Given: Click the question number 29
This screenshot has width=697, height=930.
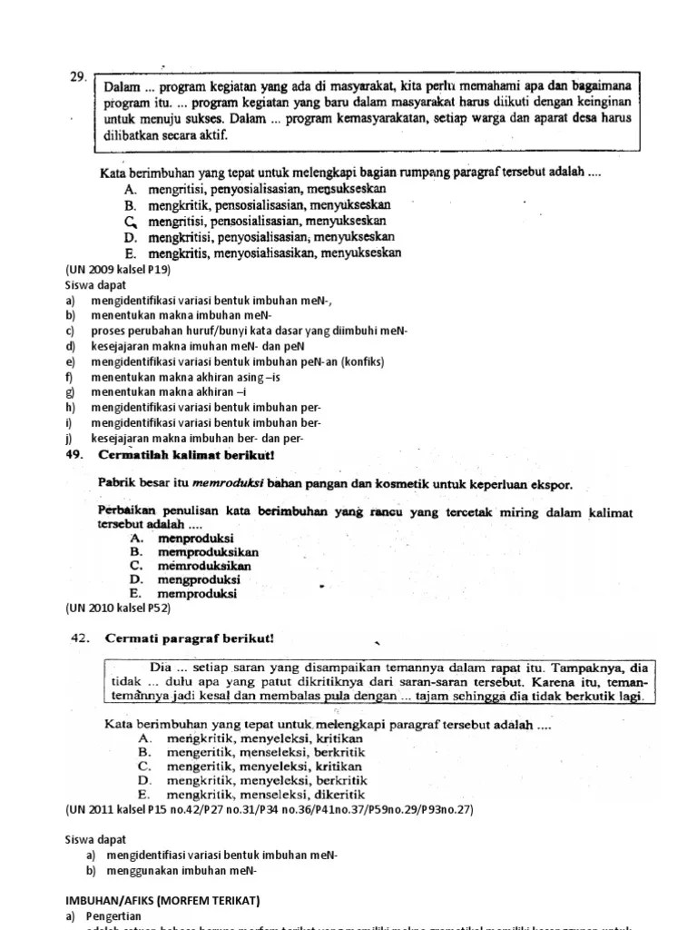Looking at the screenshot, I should [x=77, y=78].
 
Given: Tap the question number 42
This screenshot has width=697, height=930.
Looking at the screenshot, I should [x=83, y=638].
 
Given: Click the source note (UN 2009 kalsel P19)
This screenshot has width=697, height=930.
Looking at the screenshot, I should [x=118, y=270].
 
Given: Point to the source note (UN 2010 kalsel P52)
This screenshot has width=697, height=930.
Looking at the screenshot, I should [x=118, y=608].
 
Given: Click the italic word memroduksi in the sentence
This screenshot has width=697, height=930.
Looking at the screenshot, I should [x=229, y=485].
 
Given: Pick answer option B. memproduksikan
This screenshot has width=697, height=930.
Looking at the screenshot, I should [x=194, y=551].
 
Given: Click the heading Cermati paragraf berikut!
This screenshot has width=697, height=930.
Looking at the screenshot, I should [x=189, y=638].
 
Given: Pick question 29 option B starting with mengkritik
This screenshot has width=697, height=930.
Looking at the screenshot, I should [x=251, y=205].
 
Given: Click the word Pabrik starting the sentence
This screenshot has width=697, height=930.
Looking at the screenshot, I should [x=116, y=485].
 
